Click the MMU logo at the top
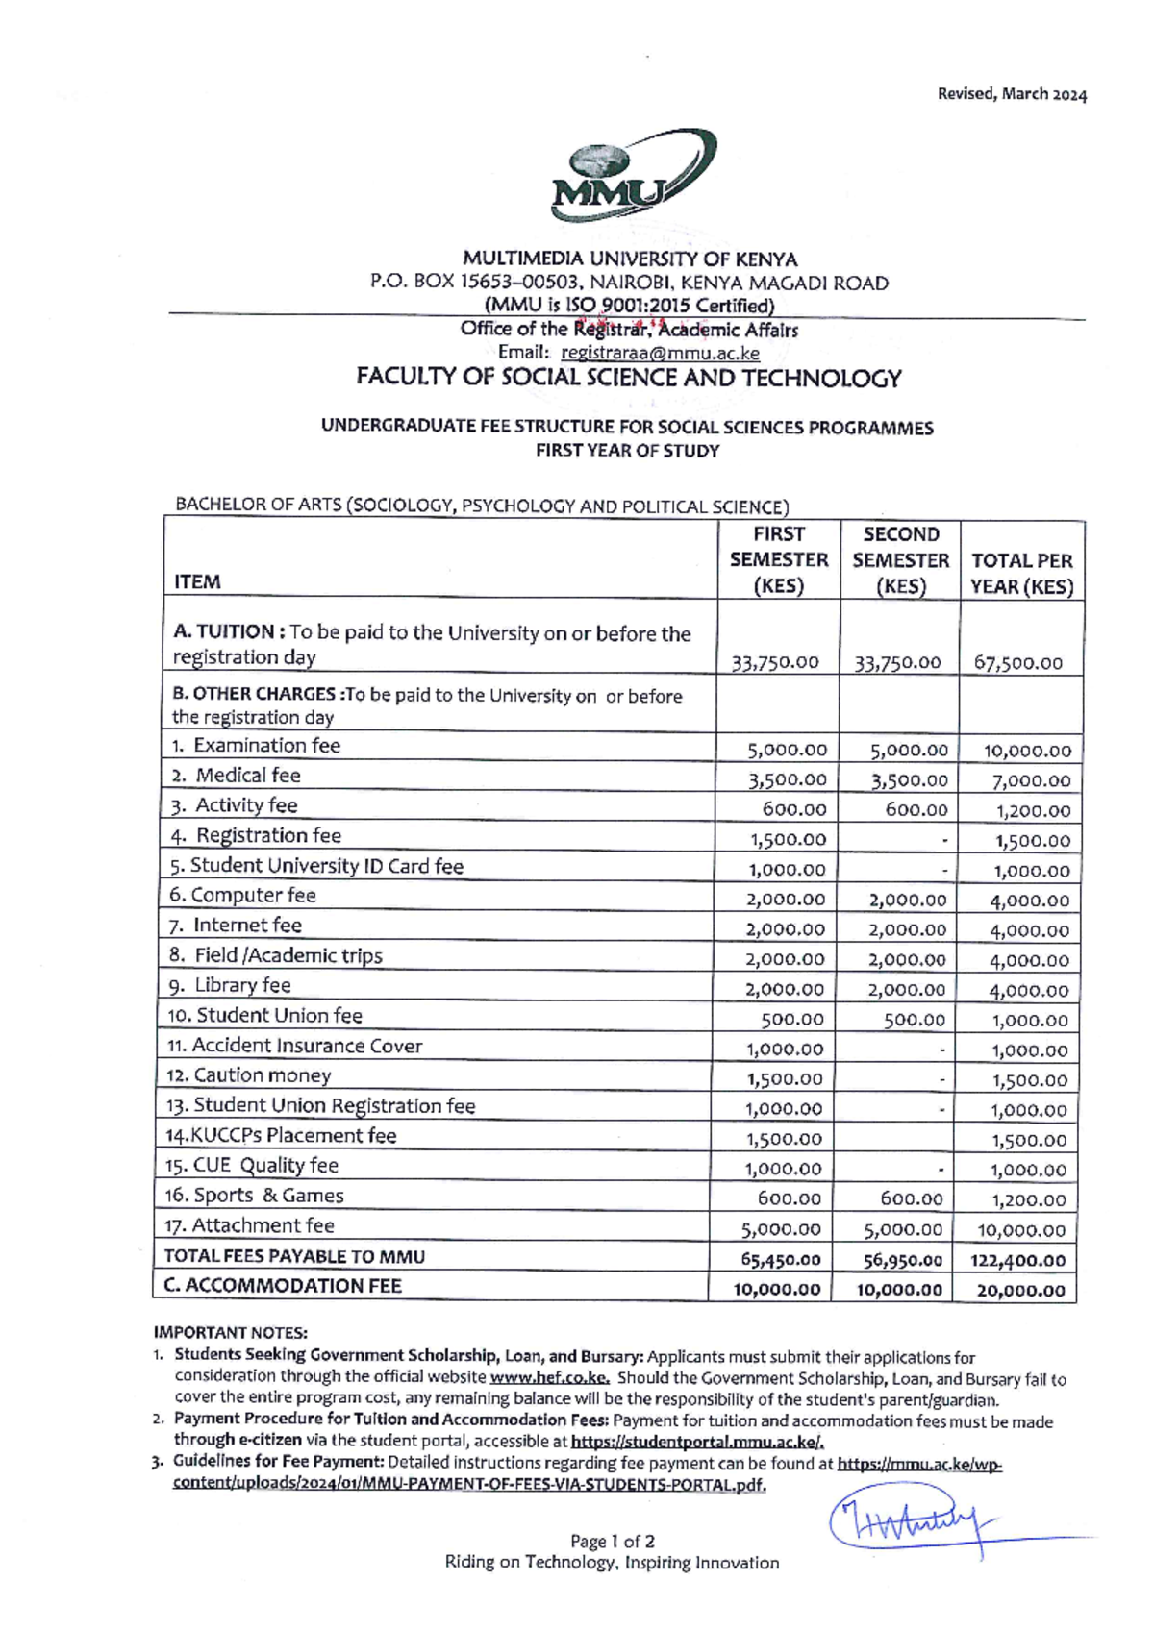[x=633, y=175]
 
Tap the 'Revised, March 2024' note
[x=1012, y=94]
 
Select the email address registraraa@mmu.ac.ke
[x=660, y=353]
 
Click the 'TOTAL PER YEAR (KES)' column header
[x=1021, y=573]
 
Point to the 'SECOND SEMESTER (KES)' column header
[x=900, y=560]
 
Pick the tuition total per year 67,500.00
[x=1018, y=662]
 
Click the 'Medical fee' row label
[x=248, y=776]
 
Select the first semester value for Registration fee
[x=788, y=839]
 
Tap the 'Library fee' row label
[x=242, y=985]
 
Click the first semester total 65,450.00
[x=781, y=1259]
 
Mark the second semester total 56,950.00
[x=902, y=1259]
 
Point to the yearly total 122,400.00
[x=1017, y=1260]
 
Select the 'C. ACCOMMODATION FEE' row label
[x=283, y=1286]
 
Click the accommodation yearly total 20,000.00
[x=1020, y=1290]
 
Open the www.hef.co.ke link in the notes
[x=549, y=1377]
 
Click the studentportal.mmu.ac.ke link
[x=697, y=1442]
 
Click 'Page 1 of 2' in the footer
[x=612, y=1541]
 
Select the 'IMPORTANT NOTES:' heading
[x=231, y=1332]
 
